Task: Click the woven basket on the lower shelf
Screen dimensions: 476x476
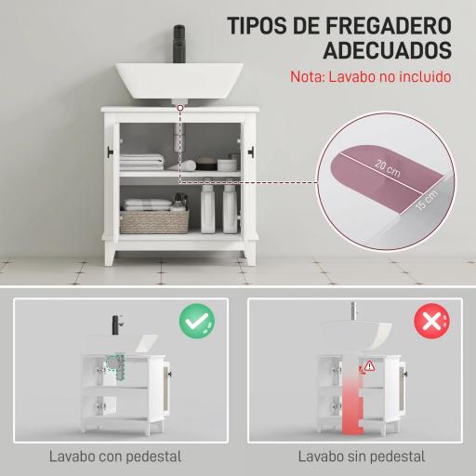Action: [x=153, y=221]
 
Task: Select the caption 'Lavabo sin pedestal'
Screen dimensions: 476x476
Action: [x=363, y=456]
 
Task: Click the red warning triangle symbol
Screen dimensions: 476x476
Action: [x=370, y=365]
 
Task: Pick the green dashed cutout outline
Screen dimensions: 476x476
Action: [x=116, y=368]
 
